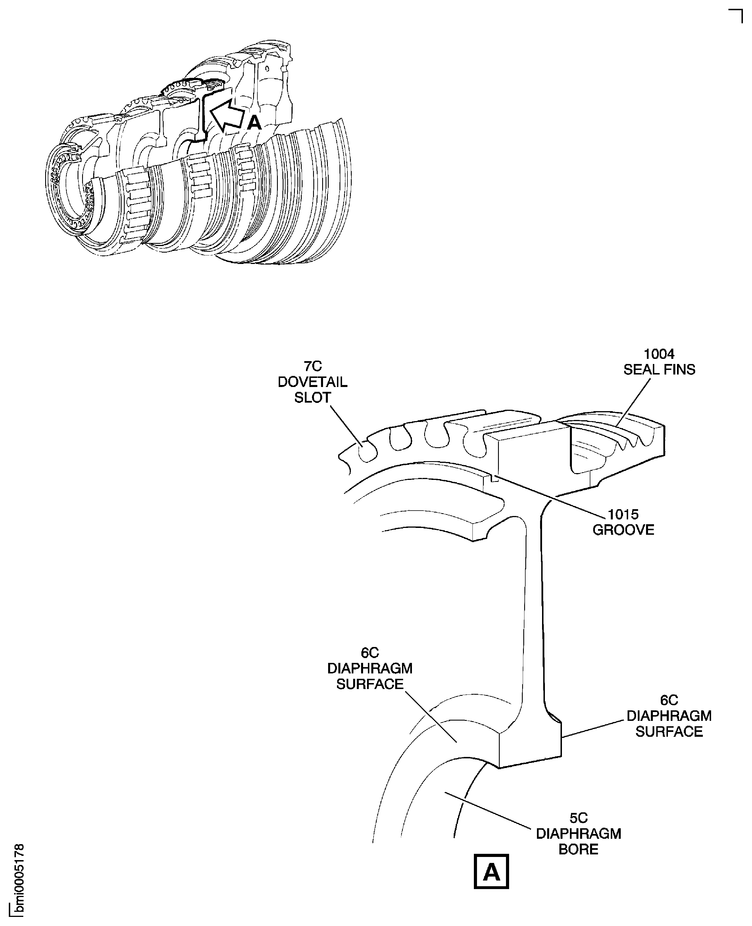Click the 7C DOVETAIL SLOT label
[312, 382]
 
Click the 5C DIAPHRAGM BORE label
[578, 833]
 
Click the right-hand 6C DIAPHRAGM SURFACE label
[669, 716]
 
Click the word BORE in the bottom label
[578, 849]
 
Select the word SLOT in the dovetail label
[312, 397]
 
